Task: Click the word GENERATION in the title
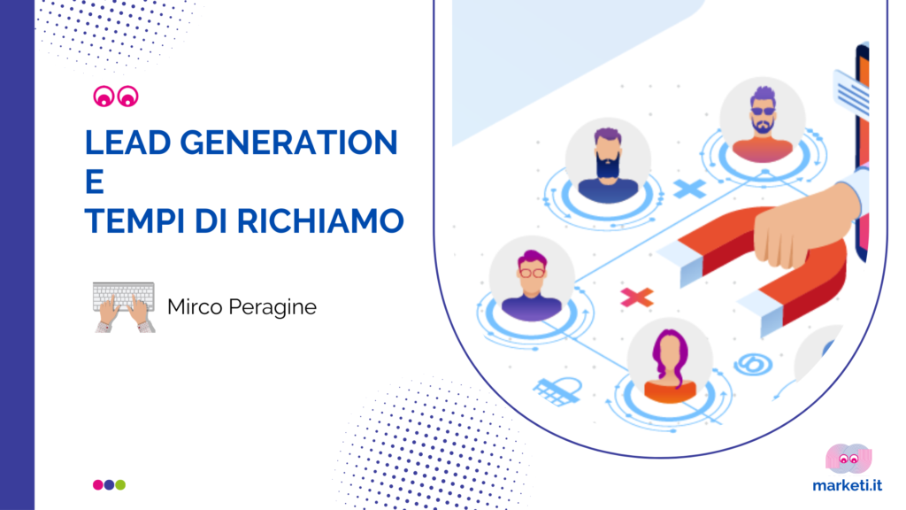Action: click(x=289, y=143)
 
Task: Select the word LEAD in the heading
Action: click(x=127, y=143)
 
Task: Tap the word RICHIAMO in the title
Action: click(x=320, y=220)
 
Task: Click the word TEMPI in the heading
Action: click(x=135, y=220)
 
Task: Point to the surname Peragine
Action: click(x=273, y=307)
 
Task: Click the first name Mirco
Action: click(x=195, y=306)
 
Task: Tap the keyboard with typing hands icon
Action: click(x=124, y=307)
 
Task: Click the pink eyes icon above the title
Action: click(x=116, y=97)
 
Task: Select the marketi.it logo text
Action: click(x=847, y=485)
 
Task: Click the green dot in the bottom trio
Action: click(x=120, y=484)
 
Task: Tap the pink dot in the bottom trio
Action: click(x=98, y=484)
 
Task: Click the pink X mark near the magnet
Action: click(x=637, y=297)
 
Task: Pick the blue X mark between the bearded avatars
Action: click(x=690, y=189)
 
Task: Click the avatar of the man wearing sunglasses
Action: click(x=763, y=120)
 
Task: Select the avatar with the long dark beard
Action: click(x=608, y=161)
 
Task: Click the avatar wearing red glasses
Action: click(x=532, y=279)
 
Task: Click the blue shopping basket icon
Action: click(x=557, y=391)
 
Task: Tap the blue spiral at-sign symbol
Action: click(x=754, y=364)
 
